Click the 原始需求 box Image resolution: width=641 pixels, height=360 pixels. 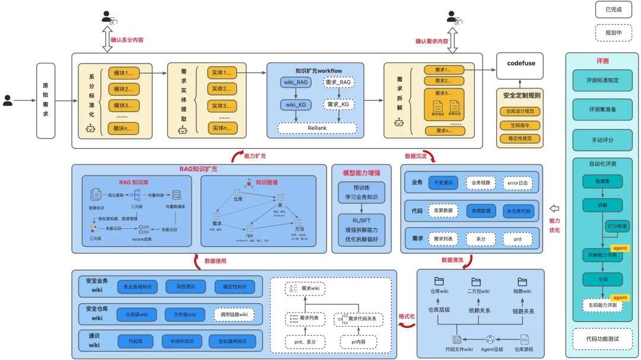45,101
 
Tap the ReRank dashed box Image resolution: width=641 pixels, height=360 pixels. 317,128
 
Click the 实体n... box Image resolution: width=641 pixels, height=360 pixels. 222,128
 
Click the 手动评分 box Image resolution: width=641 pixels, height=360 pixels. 602,141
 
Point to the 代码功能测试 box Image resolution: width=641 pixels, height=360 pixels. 602,339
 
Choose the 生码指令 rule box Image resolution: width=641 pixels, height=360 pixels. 521,125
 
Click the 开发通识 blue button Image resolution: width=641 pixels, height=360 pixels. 443,183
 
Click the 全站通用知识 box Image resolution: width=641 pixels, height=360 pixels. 232,341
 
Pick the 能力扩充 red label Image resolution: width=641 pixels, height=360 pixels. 255,157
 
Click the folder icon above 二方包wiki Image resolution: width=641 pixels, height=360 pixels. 476,282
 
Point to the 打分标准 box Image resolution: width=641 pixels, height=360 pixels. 617,226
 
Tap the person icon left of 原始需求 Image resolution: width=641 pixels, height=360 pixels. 8,101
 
